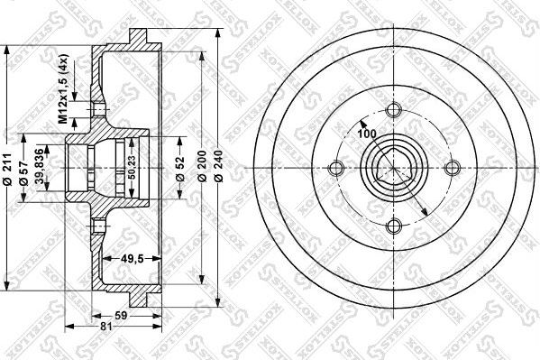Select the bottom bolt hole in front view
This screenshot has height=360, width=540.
(x=393, y=226)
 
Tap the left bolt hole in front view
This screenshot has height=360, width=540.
(x=336, y=168)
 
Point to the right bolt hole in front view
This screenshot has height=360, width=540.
(x=451, y=168)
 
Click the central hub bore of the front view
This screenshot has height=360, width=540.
(x=393, y=168)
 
